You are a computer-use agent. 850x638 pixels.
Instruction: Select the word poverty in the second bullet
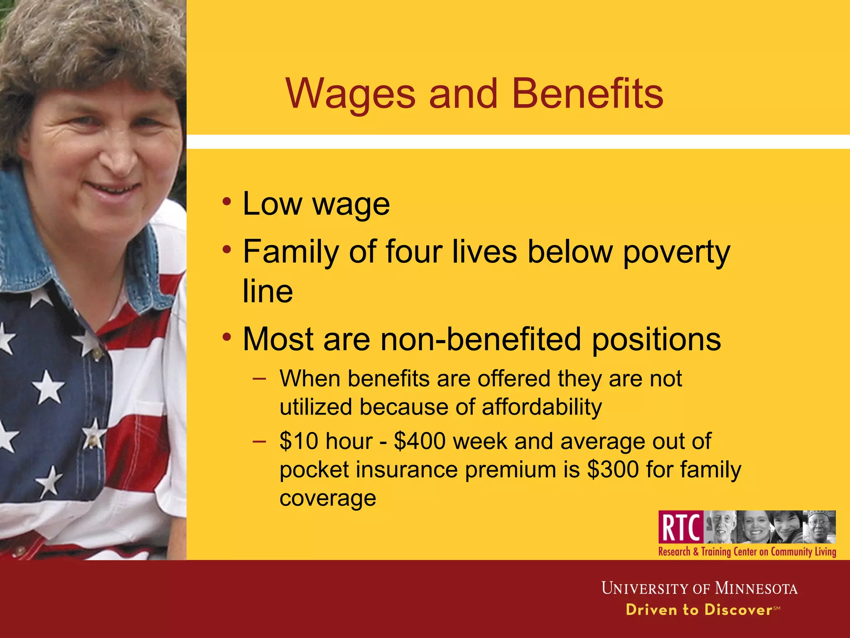click(x=677, y=252)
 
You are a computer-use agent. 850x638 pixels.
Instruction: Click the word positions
click(x=656, y=339)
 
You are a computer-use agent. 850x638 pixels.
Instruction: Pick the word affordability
click(x=542, y=407)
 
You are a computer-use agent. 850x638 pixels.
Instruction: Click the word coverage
click(x=328, y=498)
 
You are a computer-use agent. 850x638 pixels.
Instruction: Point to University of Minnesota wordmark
click(x=699, y=588)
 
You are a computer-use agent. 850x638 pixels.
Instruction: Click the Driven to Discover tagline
click(x=699, y=610)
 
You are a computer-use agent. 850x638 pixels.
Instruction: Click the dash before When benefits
click(x=259, y=379)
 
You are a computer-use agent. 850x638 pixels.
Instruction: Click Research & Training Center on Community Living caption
click(x=747, y=552)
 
